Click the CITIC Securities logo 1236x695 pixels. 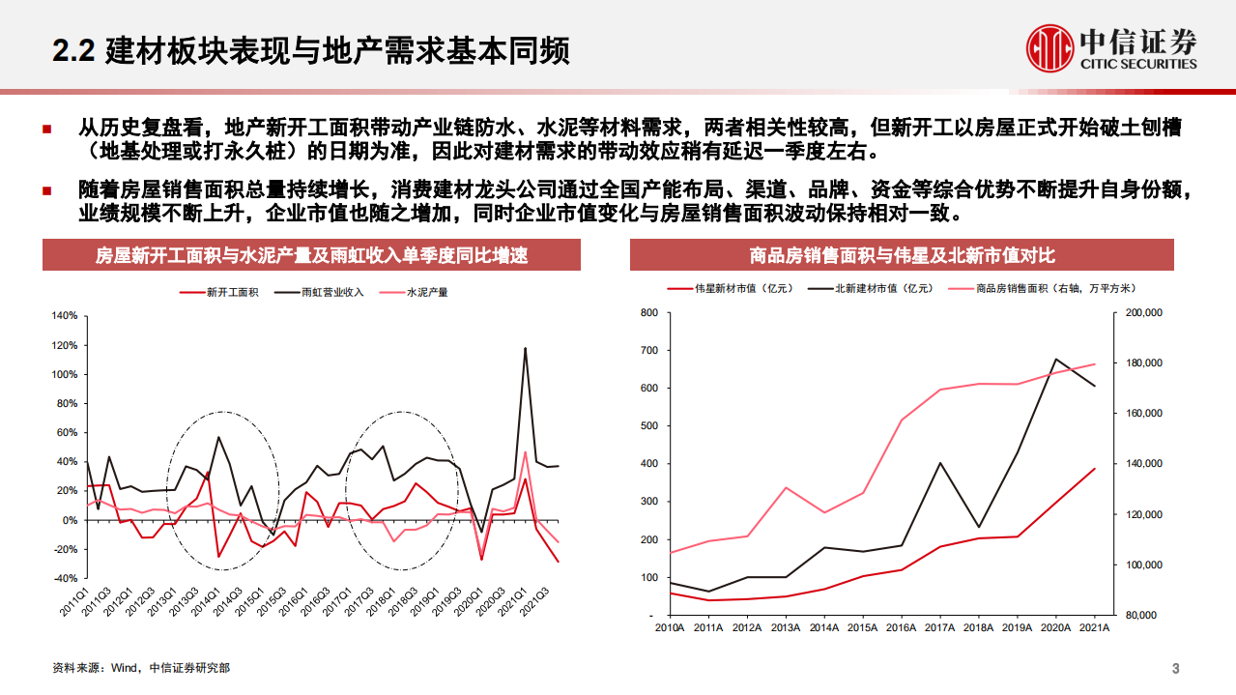pyautogui.click(x=1111, y=47)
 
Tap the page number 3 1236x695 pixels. pyautogui.click(x=1175, y=669)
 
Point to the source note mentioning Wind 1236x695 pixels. pyautogui.click(x=141, y=668)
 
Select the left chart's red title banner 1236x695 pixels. pyautogui.click(x=311, y=255)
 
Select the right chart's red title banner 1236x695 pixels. pyautogui.click(x=902, y=255)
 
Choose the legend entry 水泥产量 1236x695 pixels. pyautogui.click(x=426, y=292)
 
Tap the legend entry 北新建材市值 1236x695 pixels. pyautogui.click(x=885, y=287)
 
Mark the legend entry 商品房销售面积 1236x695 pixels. pyautogui.click(x=1044, y=287)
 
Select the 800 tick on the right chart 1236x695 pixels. pyautogui.click(x=648, y=312)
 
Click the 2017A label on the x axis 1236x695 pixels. pyautogui.click(x=941, y=628)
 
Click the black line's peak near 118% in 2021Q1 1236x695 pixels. pyautogui.click(x=525, y=348)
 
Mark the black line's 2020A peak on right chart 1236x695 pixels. pyautogui.click(x=1055, y=359)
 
